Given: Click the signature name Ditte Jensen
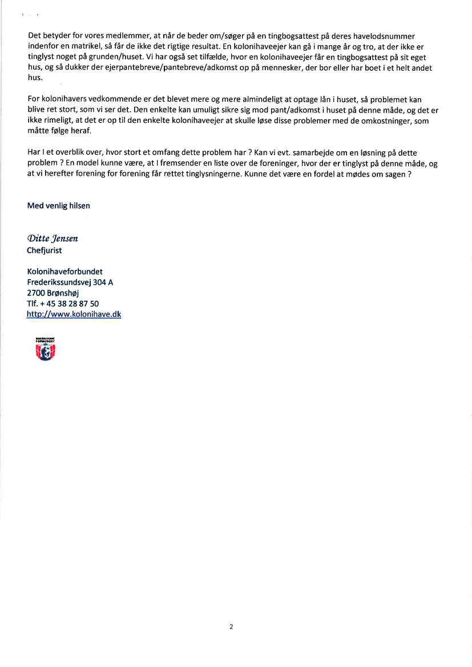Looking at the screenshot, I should click(x=53, y=238).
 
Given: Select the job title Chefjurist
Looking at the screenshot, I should click(x=45, y=250).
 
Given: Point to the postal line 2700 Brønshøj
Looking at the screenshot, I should click(x=53, y=293).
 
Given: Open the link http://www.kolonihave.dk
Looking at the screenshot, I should click(x=74, y=314).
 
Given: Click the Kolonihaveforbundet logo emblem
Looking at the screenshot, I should click(x=45, y=349).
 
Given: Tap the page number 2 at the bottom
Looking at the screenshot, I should click(x=231, y=626).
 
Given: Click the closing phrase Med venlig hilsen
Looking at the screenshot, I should click(x=58, y=205).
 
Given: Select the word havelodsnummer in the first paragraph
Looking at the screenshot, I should click(x=384, y=37).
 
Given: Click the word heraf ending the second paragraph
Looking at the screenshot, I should click(x=80, y=131).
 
